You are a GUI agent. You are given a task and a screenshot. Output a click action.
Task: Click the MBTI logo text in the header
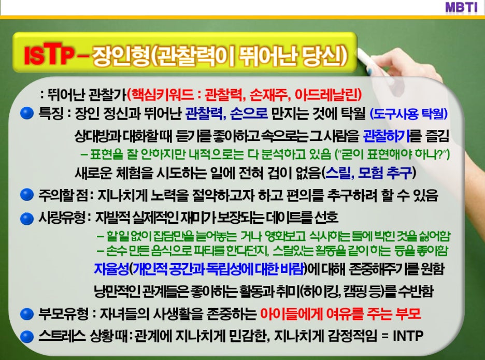(x=461, y=7)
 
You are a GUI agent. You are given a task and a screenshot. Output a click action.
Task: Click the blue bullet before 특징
(x=27, y=113)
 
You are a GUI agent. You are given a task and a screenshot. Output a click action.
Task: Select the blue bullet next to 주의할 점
(x=27, y=195)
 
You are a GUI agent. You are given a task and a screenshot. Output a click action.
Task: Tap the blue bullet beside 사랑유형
(x=27, y=219)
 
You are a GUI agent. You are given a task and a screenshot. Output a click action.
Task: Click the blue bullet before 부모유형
(x=27, y=314)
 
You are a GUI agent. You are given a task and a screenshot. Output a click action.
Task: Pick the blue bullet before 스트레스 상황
(x=27, y=337)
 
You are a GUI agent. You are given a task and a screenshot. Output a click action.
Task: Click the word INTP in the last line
(x=408, y=336)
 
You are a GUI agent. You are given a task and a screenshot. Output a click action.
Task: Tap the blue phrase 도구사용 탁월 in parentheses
(x=409, y=114)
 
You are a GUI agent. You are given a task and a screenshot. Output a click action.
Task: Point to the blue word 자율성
(x=111, y=269)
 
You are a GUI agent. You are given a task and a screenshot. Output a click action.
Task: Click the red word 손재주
(x=269, y=94)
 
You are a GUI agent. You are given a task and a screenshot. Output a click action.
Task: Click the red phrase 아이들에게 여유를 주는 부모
(x=340, y=313)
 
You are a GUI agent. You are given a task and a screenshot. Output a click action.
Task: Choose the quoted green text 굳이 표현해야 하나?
(x=393, y=154)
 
